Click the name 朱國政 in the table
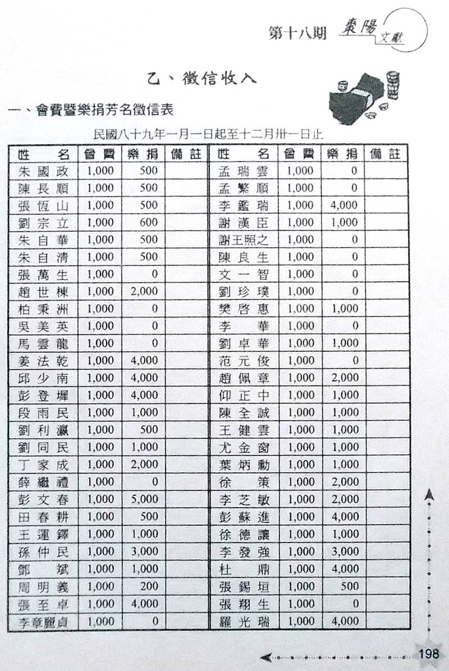coord(43,171)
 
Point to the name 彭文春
coord(43,499)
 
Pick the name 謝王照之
coord(243,240)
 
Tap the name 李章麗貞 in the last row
coord(43,622)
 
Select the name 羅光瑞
coord(243,622)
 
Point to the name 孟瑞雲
coord(243,171)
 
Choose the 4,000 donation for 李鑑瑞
coord(344,205)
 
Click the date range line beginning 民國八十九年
coord(208,135)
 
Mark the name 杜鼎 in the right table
coord(243,569)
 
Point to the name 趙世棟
coord(43,291)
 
